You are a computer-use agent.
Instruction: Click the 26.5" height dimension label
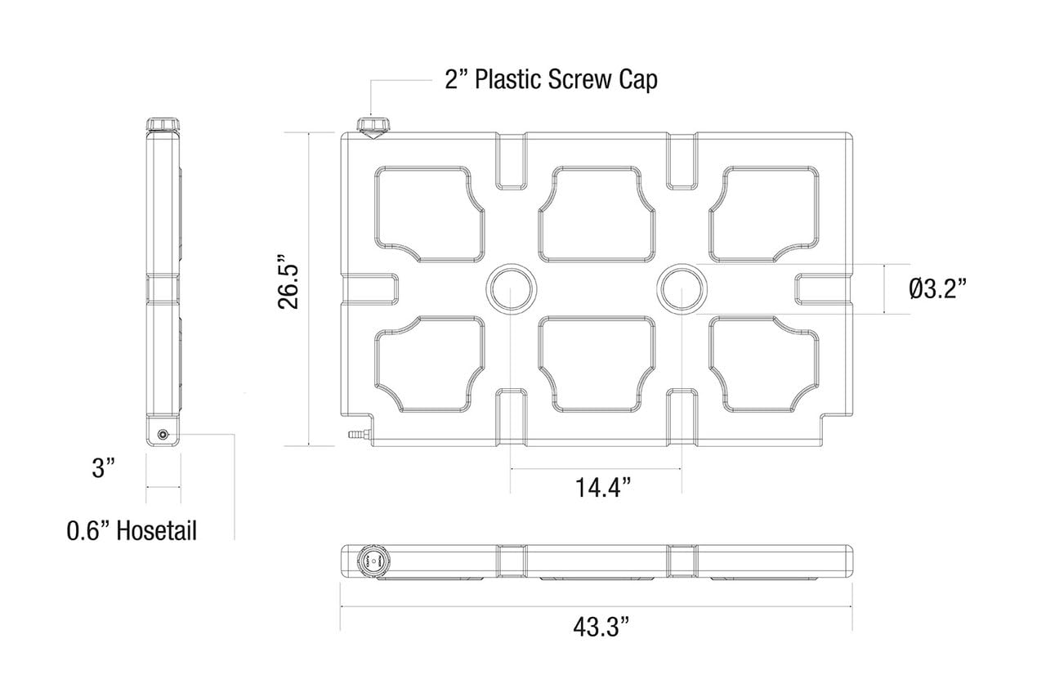[x=288, y=282]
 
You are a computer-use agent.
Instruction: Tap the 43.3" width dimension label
[x=601, y=627]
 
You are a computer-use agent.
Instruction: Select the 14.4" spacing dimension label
[x=603, y=488]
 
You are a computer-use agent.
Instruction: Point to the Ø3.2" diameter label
[x=937, y=289]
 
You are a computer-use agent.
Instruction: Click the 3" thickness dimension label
[x=103, y=467]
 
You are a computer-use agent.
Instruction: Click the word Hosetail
[x=157, y=531]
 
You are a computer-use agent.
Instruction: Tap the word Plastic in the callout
[x=508, y=79]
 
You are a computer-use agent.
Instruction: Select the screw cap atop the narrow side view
[x=163, y=125]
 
